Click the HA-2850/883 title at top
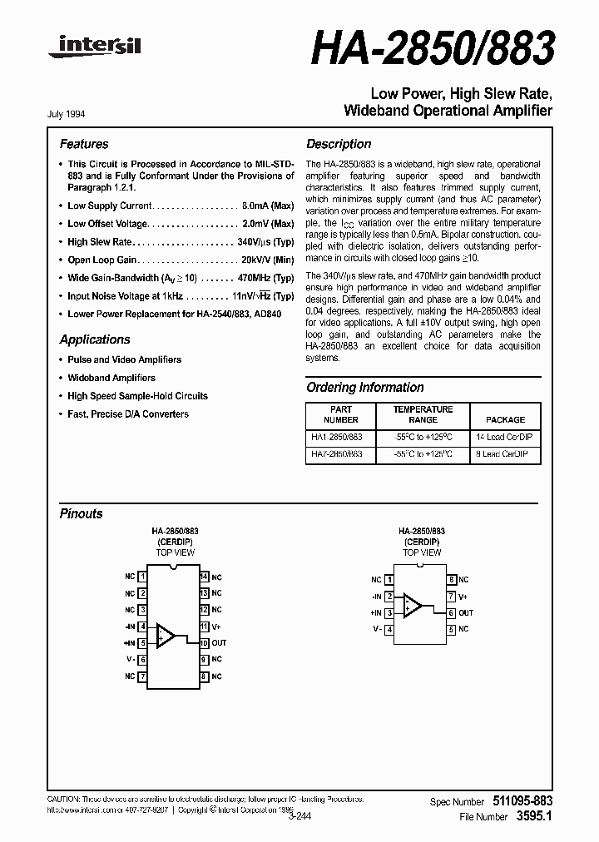click(x=433, y=50)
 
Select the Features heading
click(x=84, y=144)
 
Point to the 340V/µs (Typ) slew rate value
click(x=265, y=241)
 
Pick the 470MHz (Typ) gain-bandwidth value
click(x=265, y=278)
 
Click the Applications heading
click(x=95, y=339)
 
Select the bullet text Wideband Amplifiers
click(x=111, y=378)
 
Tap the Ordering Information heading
click(x=365, y=388)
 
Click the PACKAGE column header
click(x=505, y=420)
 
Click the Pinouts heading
click(x=82, y=513)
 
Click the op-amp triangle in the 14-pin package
click(x=166, y=635)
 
